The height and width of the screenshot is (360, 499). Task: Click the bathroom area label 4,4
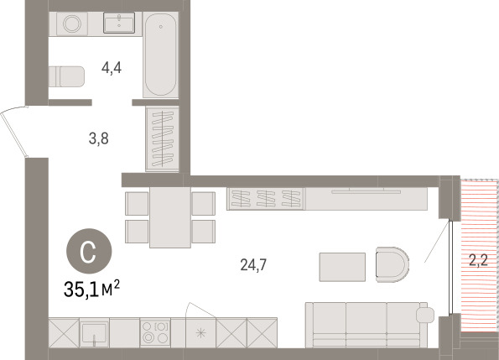[x=112, y=68]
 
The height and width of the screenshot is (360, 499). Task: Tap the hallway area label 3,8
[x=99, y=138]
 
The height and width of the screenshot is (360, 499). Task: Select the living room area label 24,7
[x=253, y=264]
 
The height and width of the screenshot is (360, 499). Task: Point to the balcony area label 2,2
[x=478, y=260]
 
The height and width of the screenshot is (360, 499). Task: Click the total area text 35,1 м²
[x=91, y=289]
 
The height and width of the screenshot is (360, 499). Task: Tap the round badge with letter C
[x=89, y=252]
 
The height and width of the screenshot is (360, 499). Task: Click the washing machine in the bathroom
[x=72, y=23]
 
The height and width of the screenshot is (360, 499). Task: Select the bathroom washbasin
[x=119, y=23]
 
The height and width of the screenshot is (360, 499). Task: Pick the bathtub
[x=160, y=55]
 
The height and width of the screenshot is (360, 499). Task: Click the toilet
[x=67, y=76]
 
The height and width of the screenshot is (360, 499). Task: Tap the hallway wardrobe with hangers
[x=162, y=138]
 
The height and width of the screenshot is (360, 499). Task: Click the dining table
[x=170, y=217]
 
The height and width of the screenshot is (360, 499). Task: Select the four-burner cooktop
[x=155, y=332]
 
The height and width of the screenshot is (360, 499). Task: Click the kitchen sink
[x=94, y=332]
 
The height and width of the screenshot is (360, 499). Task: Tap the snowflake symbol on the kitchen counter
[x=200, y=333]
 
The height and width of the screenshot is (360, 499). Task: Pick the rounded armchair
[x=392, y=264]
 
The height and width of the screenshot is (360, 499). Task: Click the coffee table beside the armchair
[x=342, y=267]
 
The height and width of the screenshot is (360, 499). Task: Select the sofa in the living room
[x=369, y=325]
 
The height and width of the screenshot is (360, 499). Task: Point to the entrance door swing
[x=14, y=132]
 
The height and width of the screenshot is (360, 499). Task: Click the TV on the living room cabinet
[x=366, y=191]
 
